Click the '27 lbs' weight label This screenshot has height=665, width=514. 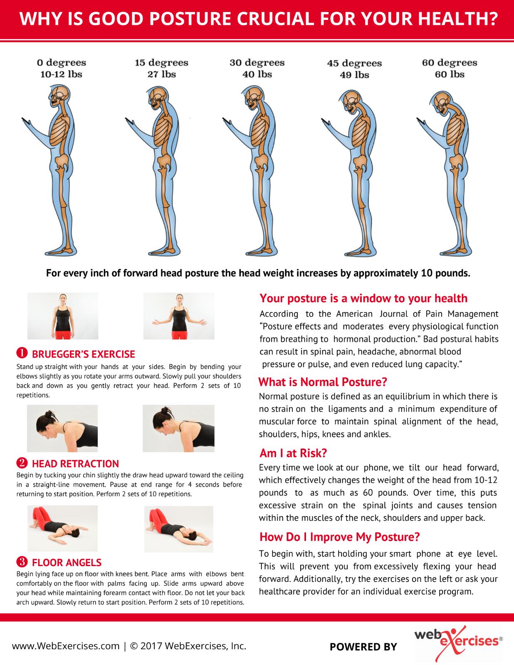[x=162, y=74]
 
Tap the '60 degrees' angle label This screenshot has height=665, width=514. [x=450, y=63]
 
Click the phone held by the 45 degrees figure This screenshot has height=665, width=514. [x=326, y=121]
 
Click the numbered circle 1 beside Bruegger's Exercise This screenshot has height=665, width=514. [x=22, y=353]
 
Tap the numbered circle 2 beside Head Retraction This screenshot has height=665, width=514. [x=22, y=463]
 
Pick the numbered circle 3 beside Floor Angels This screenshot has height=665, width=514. [x=22, y=562]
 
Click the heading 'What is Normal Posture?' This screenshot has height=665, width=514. [x=323, y=382]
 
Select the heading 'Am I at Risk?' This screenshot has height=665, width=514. [x=293, y=453]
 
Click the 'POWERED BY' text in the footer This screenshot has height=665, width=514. [x=363, y=647]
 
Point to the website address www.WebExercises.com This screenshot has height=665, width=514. [x=66, y=646]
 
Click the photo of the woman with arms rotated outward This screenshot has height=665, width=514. [x=179, y=316]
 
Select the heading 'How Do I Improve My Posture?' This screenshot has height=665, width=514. [x=339, y=537]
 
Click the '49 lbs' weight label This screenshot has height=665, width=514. [x=354, y=75]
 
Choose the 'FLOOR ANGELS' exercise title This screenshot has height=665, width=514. [x=67, y=562]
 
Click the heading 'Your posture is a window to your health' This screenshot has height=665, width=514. [x=363, y=298]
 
